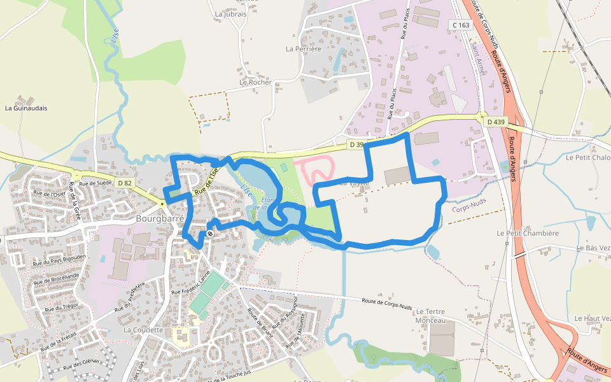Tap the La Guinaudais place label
pos(25,108)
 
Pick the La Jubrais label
pos(230,14)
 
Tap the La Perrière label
pos(304,48)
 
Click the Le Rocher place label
pos(255,82)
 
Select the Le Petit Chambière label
pos(531,233)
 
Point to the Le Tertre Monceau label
pos(430,316)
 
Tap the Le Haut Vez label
pos(592,318)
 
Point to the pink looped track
pos(316,169)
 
